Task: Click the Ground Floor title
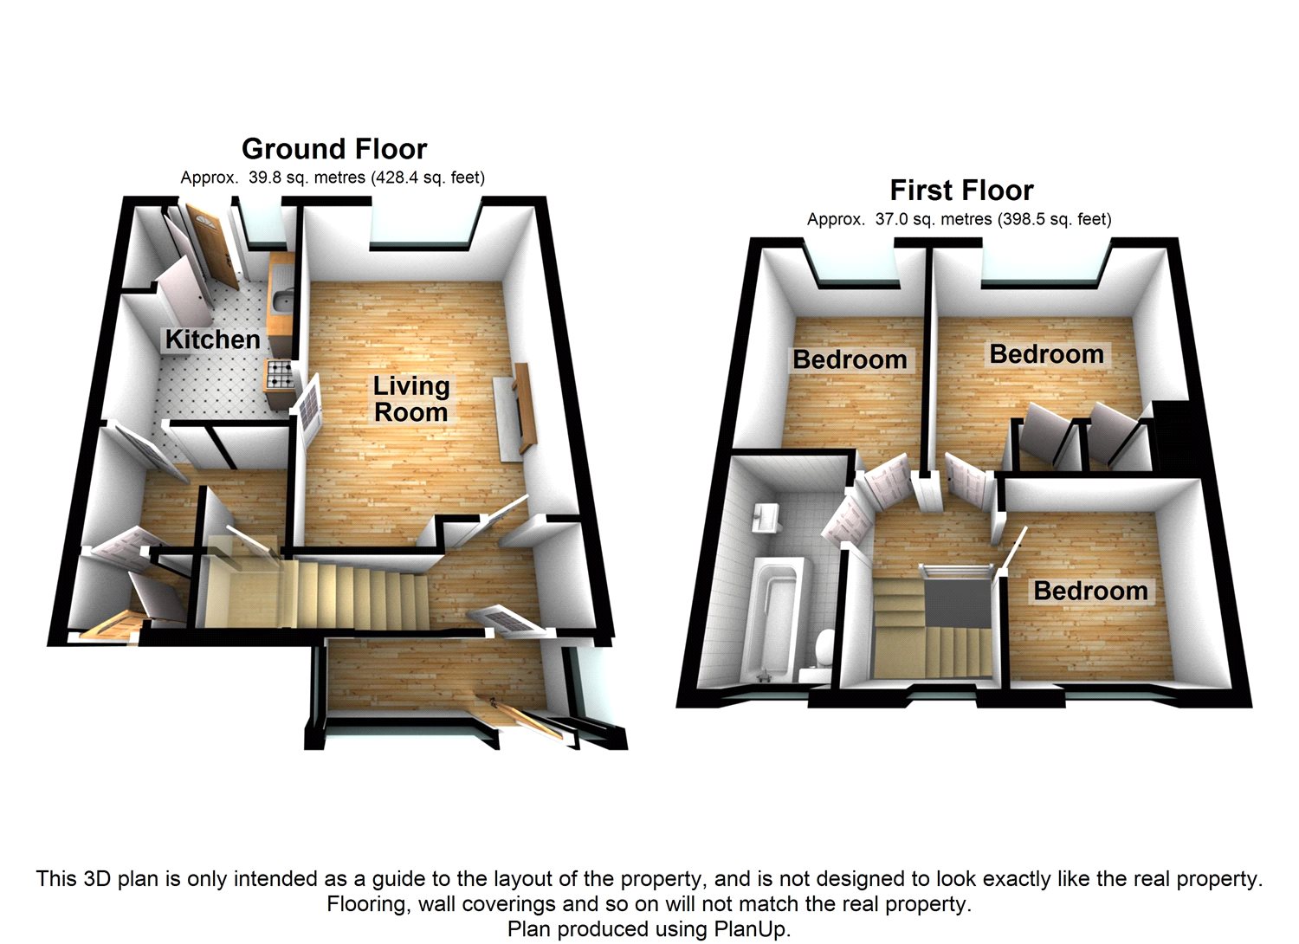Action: tap(334, 149)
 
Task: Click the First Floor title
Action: tap(961, 191)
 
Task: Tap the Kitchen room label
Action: tap(212, 339)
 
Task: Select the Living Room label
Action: tap(411, 398)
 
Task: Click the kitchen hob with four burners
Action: tap(279, 374)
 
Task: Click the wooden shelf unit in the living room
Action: tap(525, 407)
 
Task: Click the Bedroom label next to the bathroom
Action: tap(850, 359)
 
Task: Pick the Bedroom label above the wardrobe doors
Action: tap(1046, 354)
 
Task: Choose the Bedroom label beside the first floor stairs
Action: tap(1090, 591)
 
